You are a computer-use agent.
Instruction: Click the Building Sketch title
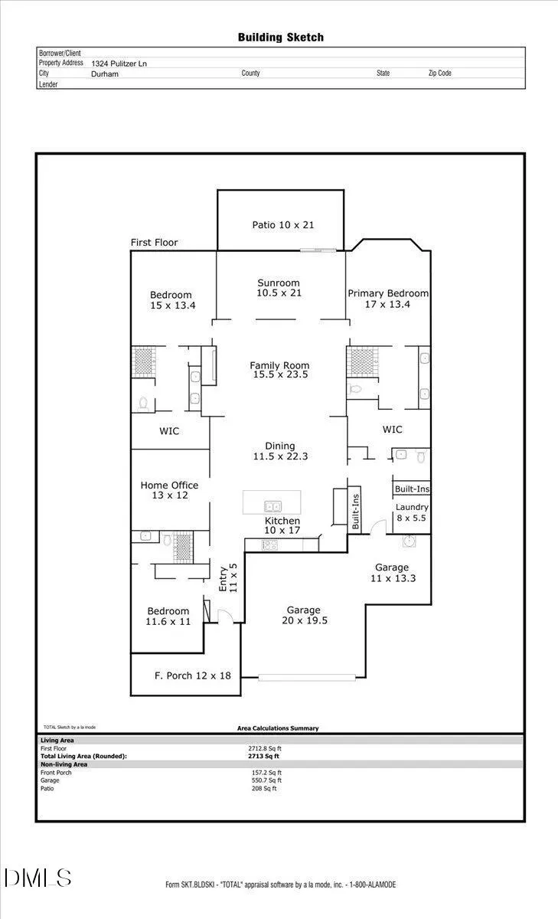(x=281, y=38)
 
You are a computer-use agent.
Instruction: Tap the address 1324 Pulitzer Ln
(x=119, y=64)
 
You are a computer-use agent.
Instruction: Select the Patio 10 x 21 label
(x=283, y=225)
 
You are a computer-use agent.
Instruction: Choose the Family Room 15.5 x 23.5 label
(x=280, y=370)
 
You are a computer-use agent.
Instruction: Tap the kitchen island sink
(x=272, y=506)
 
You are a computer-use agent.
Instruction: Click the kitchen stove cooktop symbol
(x=269, y=545)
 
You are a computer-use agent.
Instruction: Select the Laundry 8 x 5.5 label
(x=412, y=512)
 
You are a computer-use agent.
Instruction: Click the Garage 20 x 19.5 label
(x=304, y=615)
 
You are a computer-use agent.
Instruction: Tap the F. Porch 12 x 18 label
(x=193, y=675)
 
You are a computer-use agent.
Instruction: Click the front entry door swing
(x=226, y=617)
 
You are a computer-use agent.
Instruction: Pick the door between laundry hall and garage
(x=378, y=527)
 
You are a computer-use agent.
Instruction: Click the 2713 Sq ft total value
(x=263, y=756)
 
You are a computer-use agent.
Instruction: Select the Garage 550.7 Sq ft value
(x=266, y=780)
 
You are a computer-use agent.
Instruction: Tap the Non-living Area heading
(x=64, y=764)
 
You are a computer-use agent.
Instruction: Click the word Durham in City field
(x=105, y=74)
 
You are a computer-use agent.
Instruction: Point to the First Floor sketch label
(x=154, y=243)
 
